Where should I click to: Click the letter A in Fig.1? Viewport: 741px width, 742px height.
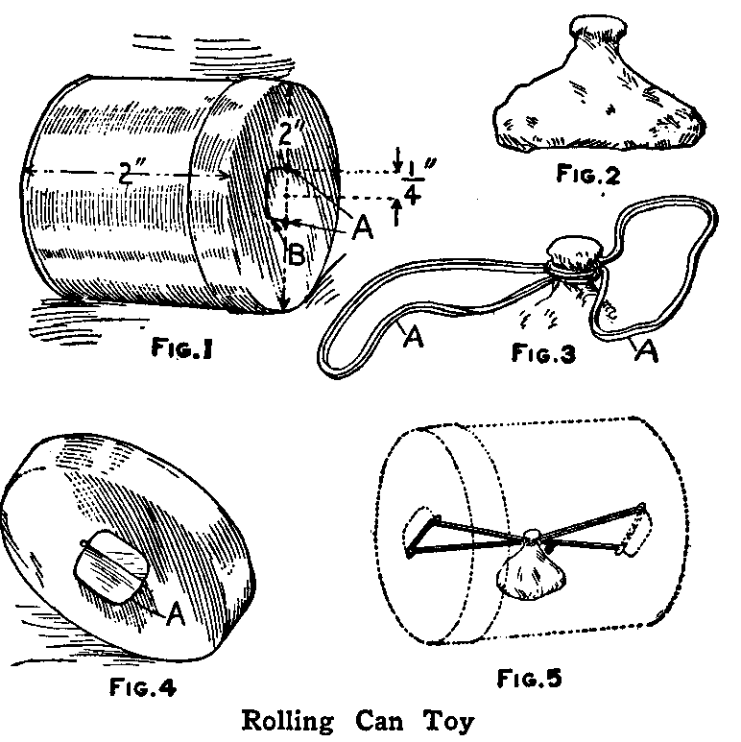362,227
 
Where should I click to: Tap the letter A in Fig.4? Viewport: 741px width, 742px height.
175,614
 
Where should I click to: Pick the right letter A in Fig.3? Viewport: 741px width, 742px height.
648,352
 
